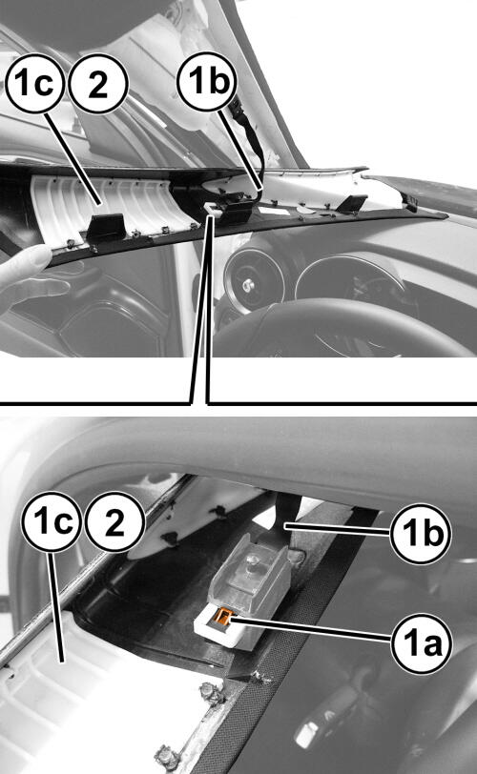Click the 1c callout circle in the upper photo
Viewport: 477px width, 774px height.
click(x=35, y=84)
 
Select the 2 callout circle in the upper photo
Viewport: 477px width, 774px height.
click(x=98, y=84)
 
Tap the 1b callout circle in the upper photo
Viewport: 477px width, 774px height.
click(x=206, y=81)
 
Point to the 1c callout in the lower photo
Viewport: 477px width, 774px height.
click(x=51, y=521)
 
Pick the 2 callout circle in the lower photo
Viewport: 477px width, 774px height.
click(x=114, y=521)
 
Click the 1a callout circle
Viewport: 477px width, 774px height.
click(x=422, y=642)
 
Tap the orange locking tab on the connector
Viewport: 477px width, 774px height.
click(x=223, y=618)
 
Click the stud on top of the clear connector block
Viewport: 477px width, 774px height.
click(x=254, y=562)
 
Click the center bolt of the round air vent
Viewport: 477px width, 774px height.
click(x=249, y=285)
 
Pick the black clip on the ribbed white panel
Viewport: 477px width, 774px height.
click(x=105, y=226)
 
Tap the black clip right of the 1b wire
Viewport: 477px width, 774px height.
click(x=352, y=203)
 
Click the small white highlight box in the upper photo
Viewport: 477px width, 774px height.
click(x=213, y=210)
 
